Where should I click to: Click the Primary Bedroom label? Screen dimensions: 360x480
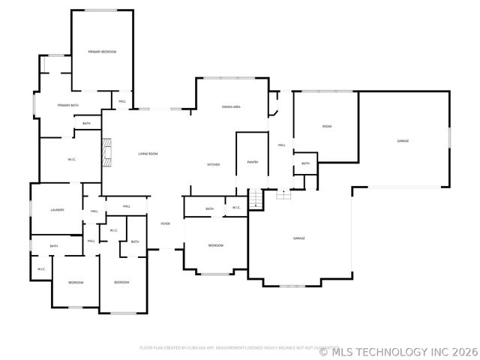click(102, 52)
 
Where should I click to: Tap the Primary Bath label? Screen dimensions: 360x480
click(68, 106)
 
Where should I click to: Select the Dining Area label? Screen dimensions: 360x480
click(231, 107)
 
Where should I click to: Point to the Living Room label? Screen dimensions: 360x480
click(148, 154)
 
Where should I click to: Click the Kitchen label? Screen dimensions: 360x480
click(213, 165)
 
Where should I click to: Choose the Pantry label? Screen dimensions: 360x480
click(252, 162)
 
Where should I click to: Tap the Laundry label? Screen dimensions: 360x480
click(57, 210)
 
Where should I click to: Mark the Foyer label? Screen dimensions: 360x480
click(165, 223)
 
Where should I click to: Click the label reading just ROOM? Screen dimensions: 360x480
click(327, 127)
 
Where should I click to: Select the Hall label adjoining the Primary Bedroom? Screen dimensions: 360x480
click(121, 101)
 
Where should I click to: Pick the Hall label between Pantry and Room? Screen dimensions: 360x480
click(282, 145)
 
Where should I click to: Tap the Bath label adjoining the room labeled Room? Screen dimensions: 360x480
click(305, 163)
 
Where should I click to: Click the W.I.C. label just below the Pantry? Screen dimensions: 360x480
click(235, 208)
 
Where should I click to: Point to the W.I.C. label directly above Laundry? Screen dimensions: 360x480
click(72, 159)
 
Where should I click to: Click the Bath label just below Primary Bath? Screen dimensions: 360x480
click(86, 124)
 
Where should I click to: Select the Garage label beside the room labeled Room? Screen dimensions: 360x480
click(403, 141)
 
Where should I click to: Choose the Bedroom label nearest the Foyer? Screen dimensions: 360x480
click(215, 246)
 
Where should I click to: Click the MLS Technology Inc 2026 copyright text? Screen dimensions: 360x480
click(398, 349)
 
